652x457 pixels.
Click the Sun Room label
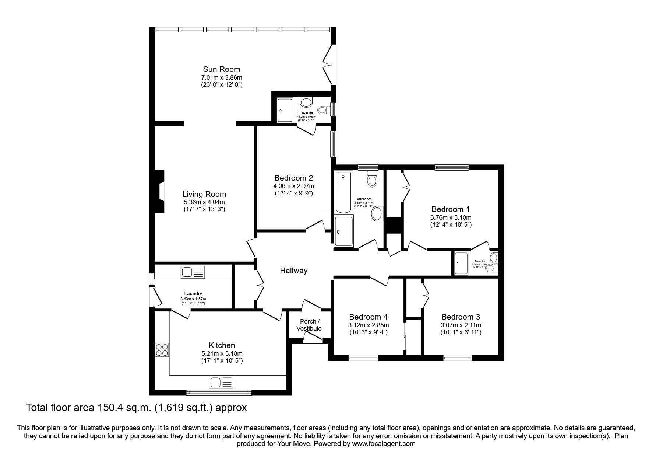coord(221,69)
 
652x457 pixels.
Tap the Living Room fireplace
coord(159,191)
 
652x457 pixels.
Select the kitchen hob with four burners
coord(162,349)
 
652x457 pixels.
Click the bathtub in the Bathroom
coord(343,192)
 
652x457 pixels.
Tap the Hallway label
coord(293,271)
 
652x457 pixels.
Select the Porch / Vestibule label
coord(309,325)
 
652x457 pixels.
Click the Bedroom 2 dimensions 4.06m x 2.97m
coord(293,186)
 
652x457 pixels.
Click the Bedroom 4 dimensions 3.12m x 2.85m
coord(368,325)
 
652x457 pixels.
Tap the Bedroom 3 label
coord(461,317)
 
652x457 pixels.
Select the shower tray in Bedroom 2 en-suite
coord(285,109)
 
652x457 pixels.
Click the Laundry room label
coord(193,294)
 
